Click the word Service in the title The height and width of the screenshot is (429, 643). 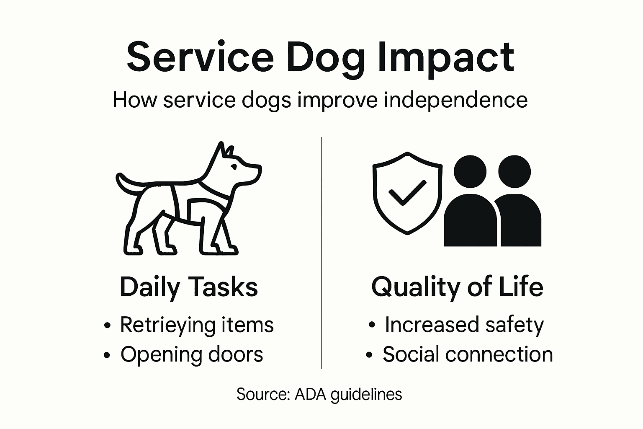pos(200,57)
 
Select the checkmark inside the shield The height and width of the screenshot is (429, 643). pos(406,193)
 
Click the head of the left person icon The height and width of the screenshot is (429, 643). pos(470,172)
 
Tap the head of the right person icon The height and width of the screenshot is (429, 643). pos(514,172)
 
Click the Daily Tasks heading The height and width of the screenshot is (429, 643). pos(189,287)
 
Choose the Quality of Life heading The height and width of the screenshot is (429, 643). pos(457,287)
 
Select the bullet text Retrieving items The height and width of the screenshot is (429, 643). pos(197,325)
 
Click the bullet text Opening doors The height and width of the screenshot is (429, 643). pos(192,354)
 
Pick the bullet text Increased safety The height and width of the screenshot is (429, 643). pos(464,325)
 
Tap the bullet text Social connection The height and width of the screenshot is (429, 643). pos(468,354)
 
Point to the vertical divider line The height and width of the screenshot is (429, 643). pos(321,251)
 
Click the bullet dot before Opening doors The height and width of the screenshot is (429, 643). pos(107,355)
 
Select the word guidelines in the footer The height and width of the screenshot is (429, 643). pos(366,395)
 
